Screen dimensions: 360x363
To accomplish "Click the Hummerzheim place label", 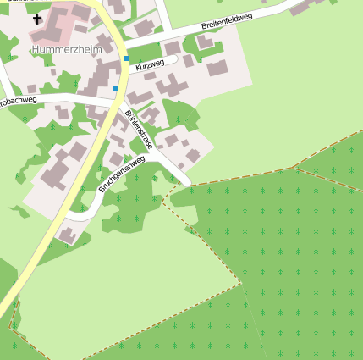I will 66,49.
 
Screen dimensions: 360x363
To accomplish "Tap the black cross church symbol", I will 38,18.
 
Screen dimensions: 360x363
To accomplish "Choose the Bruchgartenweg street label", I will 121,174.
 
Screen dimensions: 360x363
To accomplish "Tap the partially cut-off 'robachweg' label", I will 19,101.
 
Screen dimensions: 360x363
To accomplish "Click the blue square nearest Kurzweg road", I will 126,58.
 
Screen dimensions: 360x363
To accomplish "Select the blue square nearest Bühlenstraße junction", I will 116,87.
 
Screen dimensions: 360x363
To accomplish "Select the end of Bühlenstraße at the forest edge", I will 186,181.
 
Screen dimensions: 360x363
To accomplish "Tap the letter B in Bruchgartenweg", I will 101,190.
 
